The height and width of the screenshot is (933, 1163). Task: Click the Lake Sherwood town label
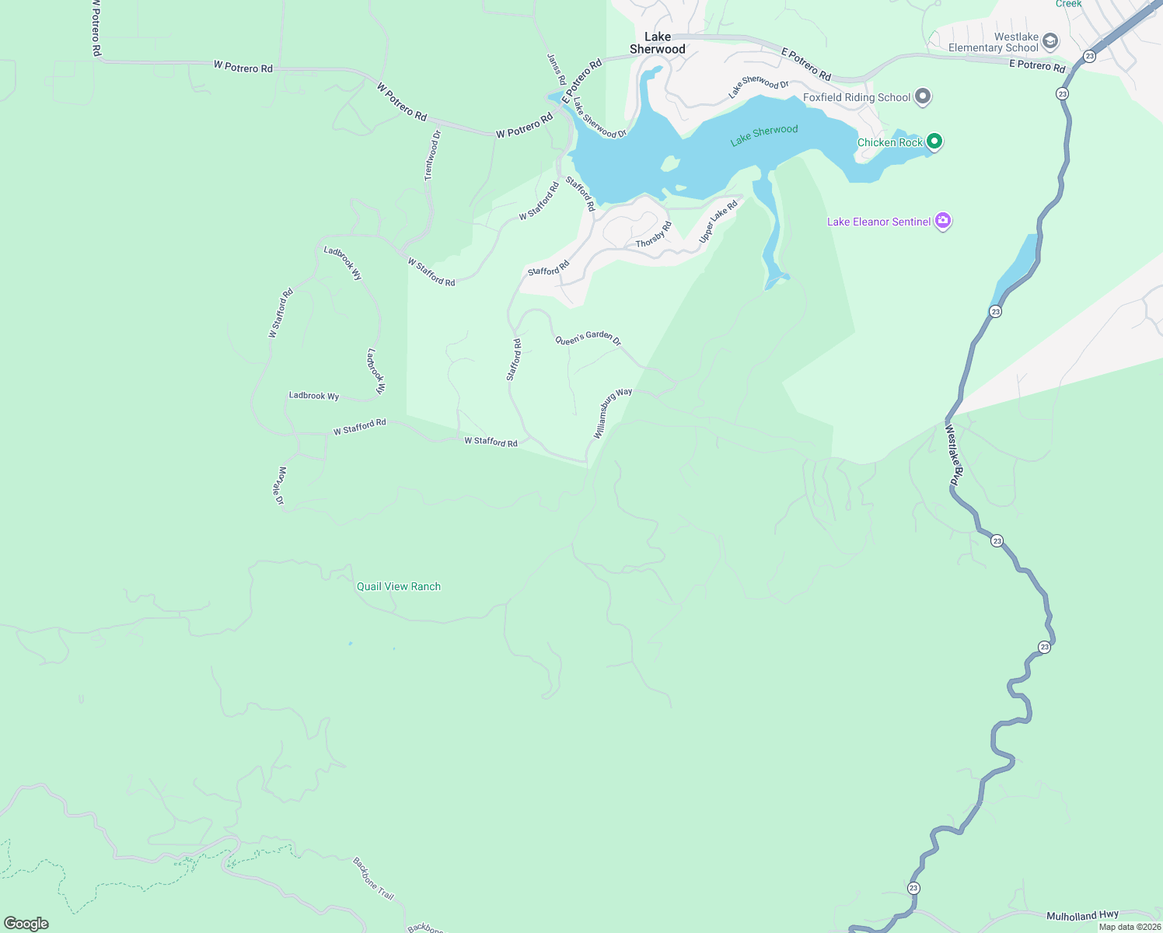[657, 43]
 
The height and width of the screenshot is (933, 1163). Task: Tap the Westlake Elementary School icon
[1050, 41]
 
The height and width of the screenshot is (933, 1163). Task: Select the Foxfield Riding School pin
[923, 97]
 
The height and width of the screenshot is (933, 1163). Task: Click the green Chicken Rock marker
[934, 142]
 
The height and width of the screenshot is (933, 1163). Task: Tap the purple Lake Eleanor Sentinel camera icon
[943, 222]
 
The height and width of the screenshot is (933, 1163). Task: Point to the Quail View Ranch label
[398, 586]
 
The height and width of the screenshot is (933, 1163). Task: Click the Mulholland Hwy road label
[1082, 916]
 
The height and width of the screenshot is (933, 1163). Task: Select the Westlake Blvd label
[954, 455]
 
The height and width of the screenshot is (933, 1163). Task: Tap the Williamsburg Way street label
[613, 414]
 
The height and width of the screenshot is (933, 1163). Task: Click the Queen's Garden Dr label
[588, 338]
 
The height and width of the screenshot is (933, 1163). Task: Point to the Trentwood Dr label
[432, 156]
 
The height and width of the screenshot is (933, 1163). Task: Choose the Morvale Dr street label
[281, 486]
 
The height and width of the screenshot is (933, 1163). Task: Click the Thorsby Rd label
[653, 235]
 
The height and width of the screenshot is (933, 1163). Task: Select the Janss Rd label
[556, 69]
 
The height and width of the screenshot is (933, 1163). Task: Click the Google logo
[26, 924]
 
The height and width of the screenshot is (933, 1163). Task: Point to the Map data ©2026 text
[1130, 927]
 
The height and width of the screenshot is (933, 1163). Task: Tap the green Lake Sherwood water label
[764, 135]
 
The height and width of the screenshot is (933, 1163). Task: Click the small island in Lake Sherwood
[669, 163]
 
